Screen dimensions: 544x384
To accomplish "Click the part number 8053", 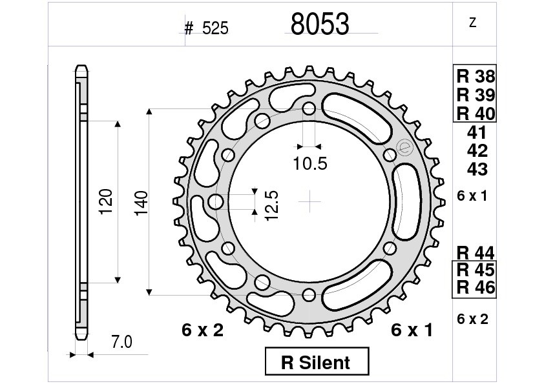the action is click(x=320, y=24).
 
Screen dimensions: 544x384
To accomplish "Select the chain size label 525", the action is click(x=215, y=28).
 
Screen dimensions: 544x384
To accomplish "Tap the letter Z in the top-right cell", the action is click(x=472, y=23).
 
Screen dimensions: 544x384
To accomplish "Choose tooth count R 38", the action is click(x=476, y=76).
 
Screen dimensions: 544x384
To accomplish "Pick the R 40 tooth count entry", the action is click(x=476, y=114).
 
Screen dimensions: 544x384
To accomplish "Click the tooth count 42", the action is click(x=477, y=151).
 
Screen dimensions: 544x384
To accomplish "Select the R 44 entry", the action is click(x=476, y=253).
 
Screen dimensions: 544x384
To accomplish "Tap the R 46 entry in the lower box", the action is click(x=476, y=287).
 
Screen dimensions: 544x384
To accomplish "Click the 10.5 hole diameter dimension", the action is click(x=310, y=163).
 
